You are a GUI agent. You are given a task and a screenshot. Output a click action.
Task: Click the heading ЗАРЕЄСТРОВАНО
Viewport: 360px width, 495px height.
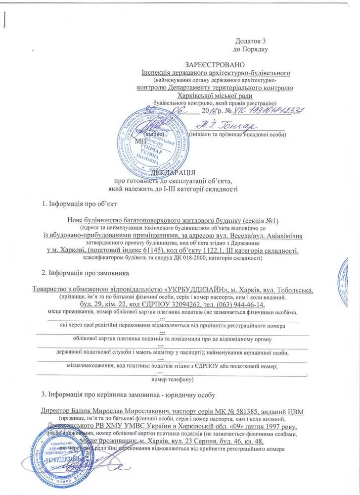tap(215, 65)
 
